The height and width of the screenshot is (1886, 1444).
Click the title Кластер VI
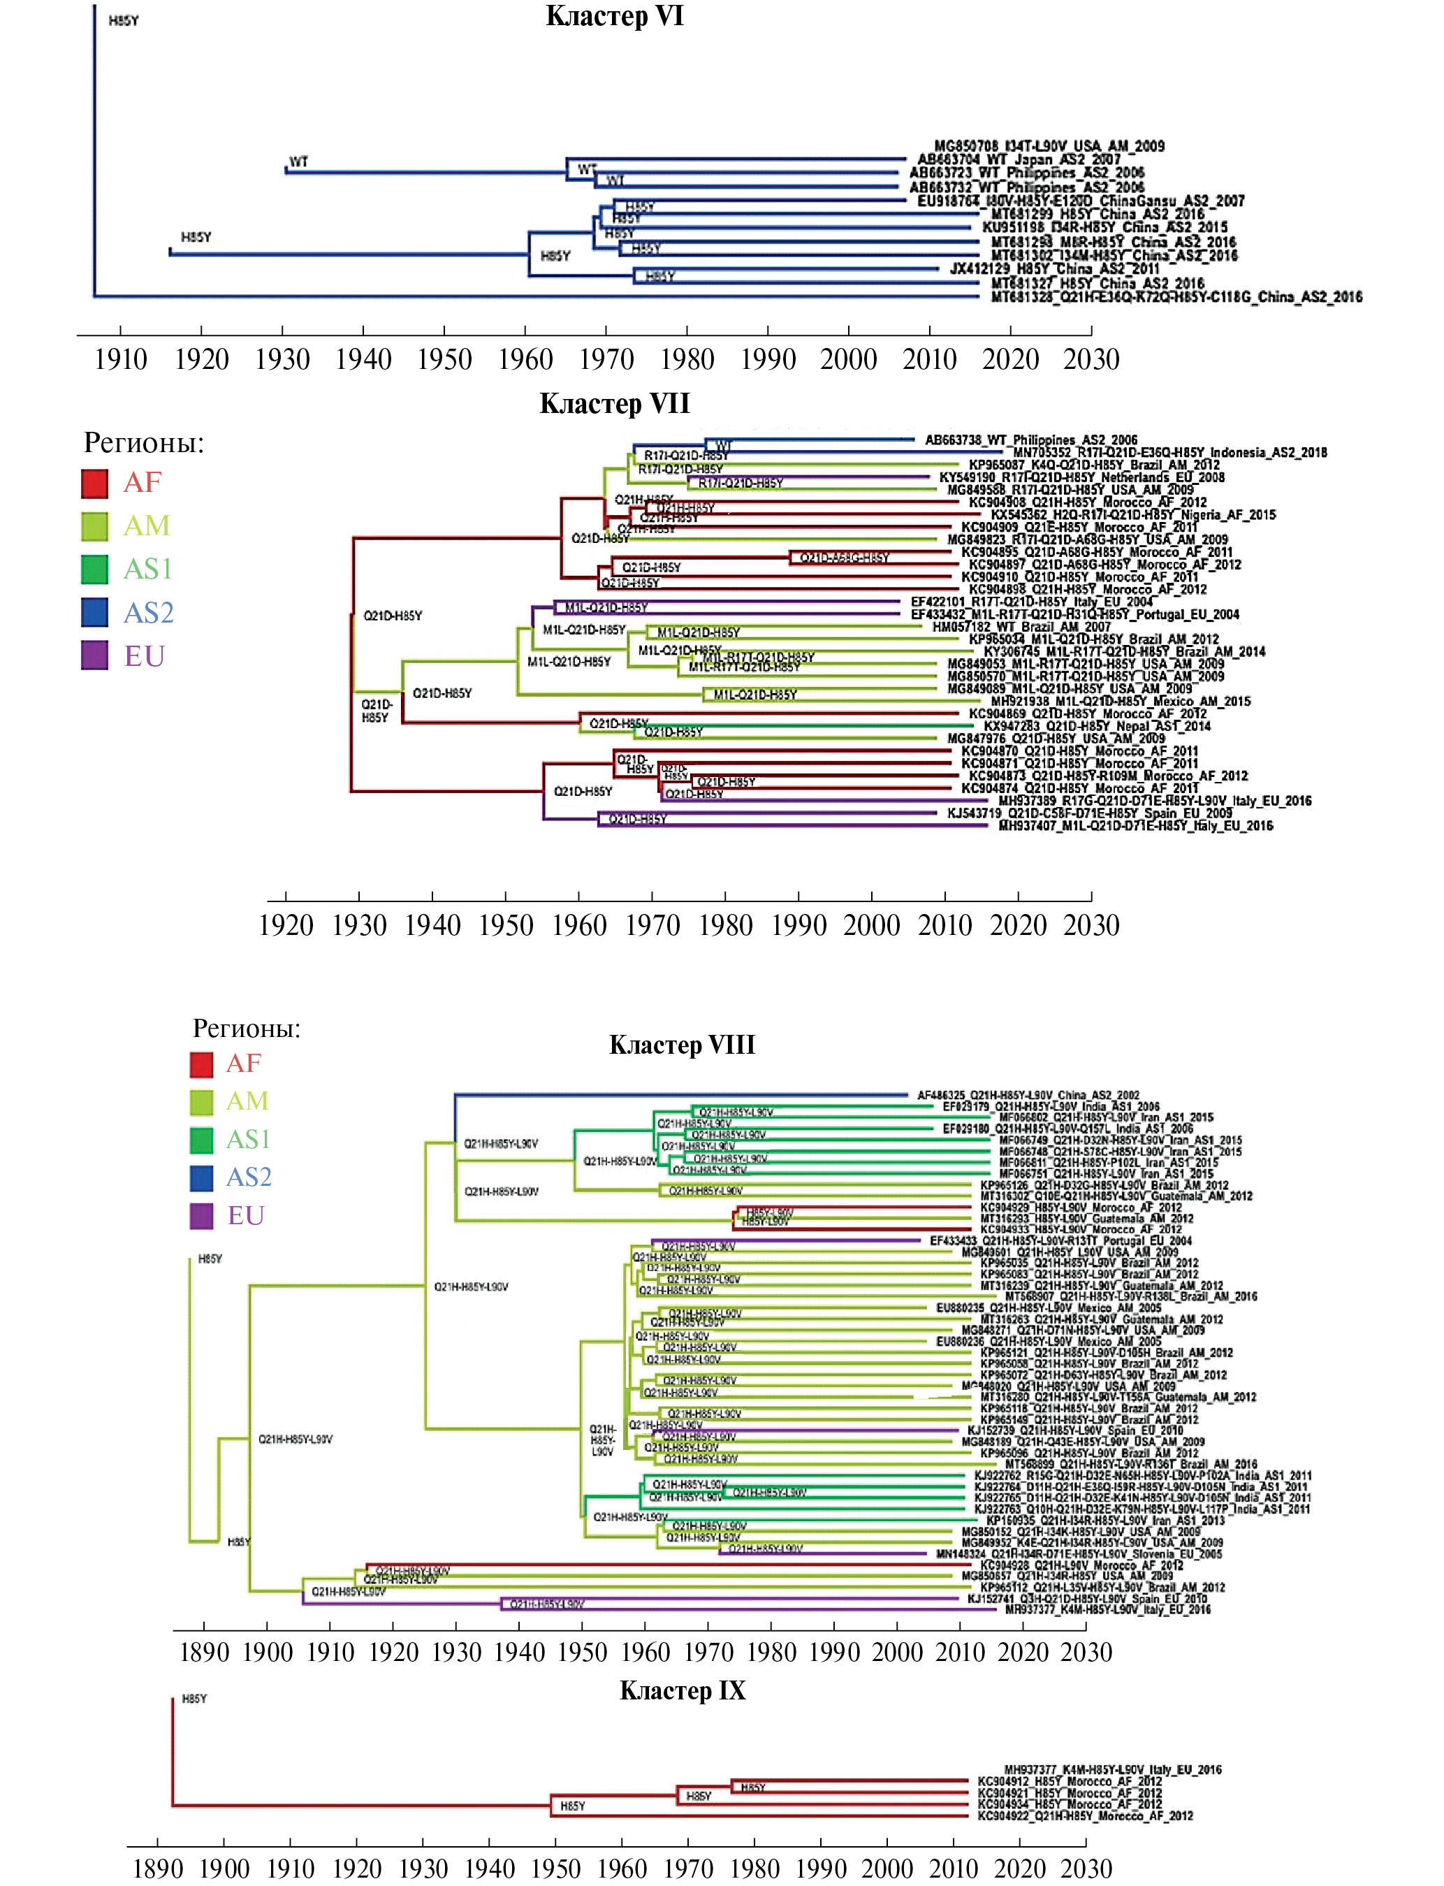615,16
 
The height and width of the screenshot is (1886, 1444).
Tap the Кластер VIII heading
682,1045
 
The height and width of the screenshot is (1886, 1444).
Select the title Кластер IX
683,1691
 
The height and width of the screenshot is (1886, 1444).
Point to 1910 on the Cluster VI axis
120,359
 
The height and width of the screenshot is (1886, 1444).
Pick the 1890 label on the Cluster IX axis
158,1868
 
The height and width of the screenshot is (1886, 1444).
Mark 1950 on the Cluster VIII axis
582,1651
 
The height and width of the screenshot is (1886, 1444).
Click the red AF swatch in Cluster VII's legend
94,483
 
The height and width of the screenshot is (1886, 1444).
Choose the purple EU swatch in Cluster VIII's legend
201,1215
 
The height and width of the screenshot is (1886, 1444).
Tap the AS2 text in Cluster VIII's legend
249,1177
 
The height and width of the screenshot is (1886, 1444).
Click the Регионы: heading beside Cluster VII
143,443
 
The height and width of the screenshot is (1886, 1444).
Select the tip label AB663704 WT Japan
1019,159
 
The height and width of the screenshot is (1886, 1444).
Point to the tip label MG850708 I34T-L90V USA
1049,146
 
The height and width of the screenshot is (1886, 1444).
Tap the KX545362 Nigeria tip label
1133,515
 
